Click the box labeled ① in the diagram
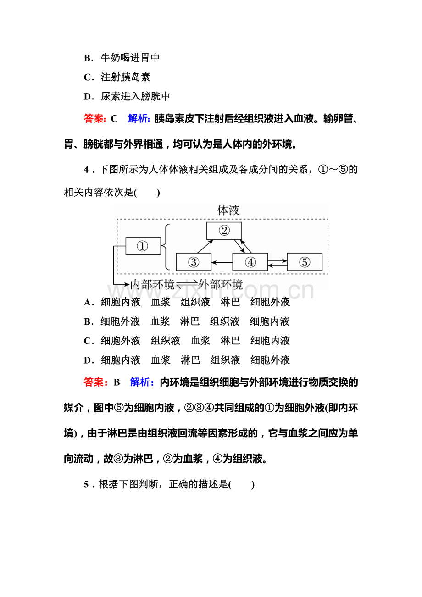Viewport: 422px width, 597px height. [x=143, y=246]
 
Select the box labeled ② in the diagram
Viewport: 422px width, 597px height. [x=224, y=231]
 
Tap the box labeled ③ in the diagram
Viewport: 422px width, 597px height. [x=194, y=262]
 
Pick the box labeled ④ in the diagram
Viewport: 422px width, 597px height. [x=250, y=262]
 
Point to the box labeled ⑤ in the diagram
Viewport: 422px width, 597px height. [x=305, y=262]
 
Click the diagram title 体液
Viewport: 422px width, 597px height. [x=228, y=210]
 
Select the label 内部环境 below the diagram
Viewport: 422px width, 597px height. [x=152, y=284]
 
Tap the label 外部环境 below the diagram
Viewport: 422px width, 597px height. [x=221, y=284]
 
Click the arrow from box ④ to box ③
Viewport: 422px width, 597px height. [x=222, y=263]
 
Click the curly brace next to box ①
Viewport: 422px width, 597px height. [x=167, y=247]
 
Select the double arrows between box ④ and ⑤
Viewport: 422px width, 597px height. [x=277, y=263]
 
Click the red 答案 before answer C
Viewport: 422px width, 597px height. [x=94, y=119]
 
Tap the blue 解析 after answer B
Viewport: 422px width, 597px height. [x=142, y=382]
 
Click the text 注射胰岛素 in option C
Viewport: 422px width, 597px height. [x=125, y=77]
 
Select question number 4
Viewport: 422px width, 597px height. [x=86, y=170]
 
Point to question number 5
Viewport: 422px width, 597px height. [x=86, y=485]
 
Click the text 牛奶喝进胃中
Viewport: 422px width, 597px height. [x=130, y=58]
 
